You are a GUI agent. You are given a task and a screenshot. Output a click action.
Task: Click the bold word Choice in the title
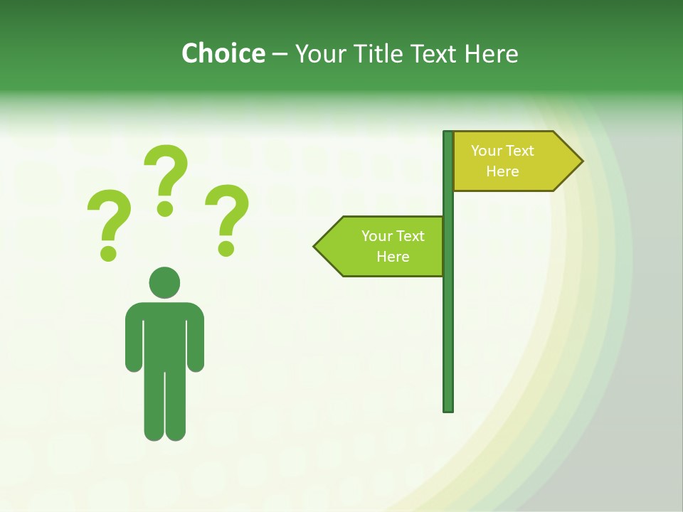click(x=223, y=53)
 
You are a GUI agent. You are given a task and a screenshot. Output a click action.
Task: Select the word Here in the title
click(x=491, y=53)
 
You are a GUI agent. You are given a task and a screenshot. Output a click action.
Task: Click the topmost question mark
click(x=166, y=178)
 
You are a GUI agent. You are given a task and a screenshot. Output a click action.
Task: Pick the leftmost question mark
click(x=108, y=224)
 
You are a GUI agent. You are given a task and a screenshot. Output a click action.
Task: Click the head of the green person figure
click(x=164, y=282)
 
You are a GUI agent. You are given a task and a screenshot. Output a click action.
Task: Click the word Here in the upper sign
click(x=502, y=171)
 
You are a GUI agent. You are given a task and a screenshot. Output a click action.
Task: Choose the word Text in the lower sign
click(x=409, y=236)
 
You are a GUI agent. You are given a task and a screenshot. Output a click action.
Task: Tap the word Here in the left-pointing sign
click(x=393, y=257)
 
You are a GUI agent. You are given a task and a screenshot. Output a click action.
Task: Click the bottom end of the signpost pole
click(x=448, y=409)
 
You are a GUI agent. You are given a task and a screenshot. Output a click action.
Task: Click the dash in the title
click(x=280, y=54)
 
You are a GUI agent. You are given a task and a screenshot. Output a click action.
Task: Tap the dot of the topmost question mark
click(x=166, y=208)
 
